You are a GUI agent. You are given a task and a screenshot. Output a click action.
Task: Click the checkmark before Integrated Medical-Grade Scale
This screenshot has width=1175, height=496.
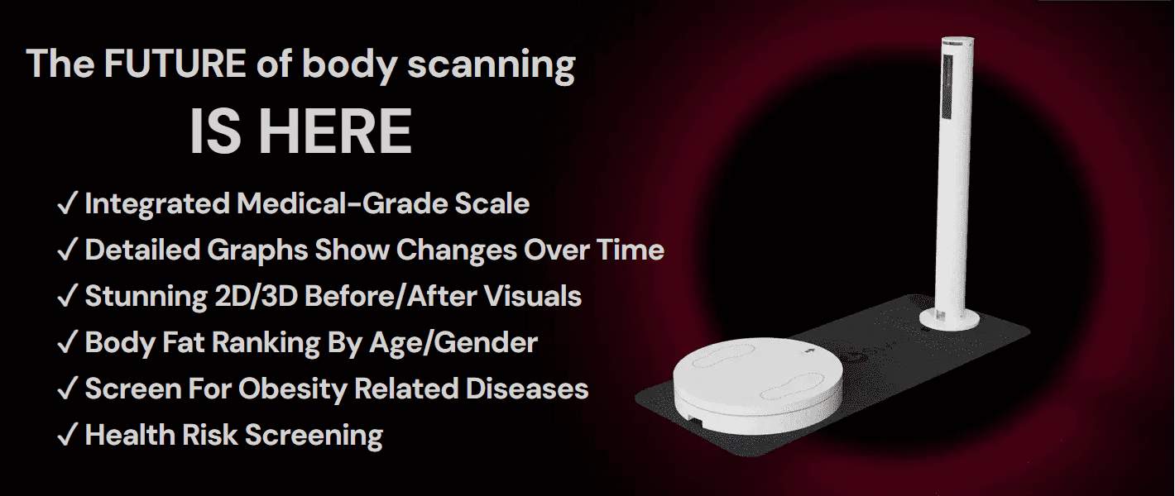[x=68, y=204]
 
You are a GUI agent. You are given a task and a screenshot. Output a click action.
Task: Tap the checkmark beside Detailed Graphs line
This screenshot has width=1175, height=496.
[x=68, y=250]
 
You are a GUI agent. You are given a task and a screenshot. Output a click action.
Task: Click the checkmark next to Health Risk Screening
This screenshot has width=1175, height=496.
[x=68, y=435]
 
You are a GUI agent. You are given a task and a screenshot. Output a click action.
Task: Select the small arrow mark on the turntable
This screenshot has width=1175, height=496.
[x=810, y=351]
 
